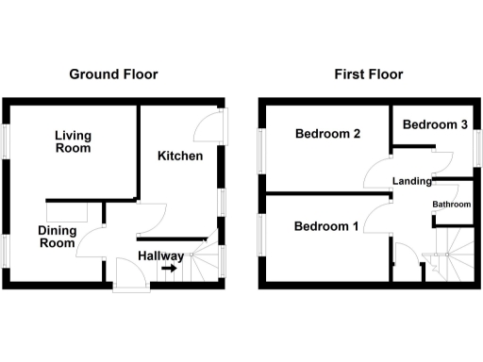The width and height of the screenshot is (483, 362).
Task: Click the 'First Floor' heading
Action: (368, 74)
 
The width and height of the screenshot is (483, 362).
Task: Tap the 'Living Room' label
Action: (73, 141)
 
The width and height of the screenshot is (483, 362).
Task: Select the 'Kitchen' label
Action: (180, 156)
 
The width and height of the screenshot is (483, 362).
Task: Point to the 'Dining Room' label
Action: (57, 237)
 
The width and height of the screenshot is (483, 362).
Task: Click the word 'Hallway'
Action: (160, 255)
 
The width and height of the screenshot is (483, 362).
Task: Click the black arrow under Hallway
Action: (168, 269)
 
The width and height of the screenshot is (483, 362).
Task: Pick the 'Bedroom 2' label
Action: (327, 135)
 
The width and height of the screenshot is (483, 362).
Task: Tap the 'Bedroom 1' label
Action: (326, 226)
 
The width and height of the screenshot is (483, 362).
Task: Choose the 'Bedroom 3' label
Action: (436, 125)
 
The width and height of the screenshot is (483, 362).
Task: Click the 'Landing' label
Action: (412, 182)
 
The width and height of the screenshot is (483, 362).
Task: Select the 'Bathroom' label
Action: (451, 205)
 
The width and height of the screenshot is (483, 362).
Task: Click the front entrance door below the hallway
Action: (125, 279)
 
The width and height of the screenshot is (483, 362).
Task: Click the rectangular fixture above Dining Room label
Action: (66, 211)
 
